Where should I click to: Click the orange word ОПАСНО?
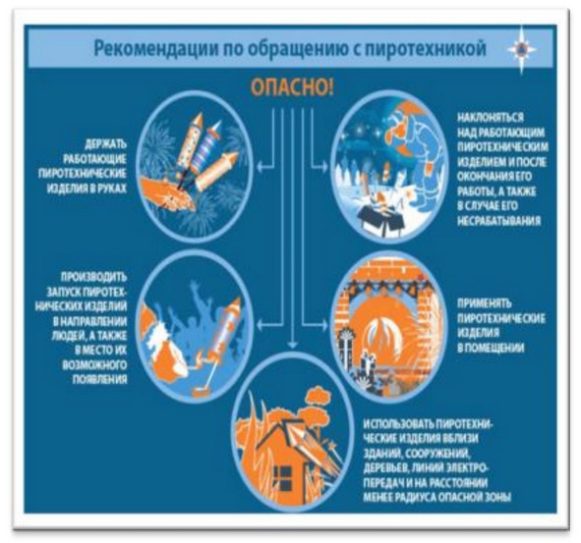click(x=292, y=87)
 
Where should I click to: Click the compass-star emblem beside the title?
click(x=522, y=49)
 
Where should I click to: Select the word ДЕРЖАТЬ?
click(x=106, y=144)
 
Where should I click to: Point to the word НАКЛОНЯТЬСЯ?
click(x=491, y=118)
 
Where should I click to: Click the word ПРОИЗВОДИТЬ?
click(x=93, y=277)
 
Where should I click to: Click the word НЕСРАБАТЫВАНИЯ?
click(x=498, y=221)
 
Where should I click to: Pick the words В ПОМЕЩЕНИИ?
click(x=491, y=348)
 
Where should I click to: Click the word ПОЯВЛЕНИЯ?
click(x=99, y=380)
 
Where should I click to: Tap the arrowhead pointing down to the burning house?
click(x=293, y=345)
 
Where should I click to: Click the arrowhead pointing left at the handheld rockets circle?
click(x=261, y=167)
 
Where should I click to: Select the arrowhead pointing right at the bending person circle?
click(x=324, y=167)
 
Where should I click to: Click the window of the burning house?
click(x=283, y=477)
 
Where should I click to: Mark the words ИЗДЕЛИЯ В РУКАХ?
click(x=87, y=189)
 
